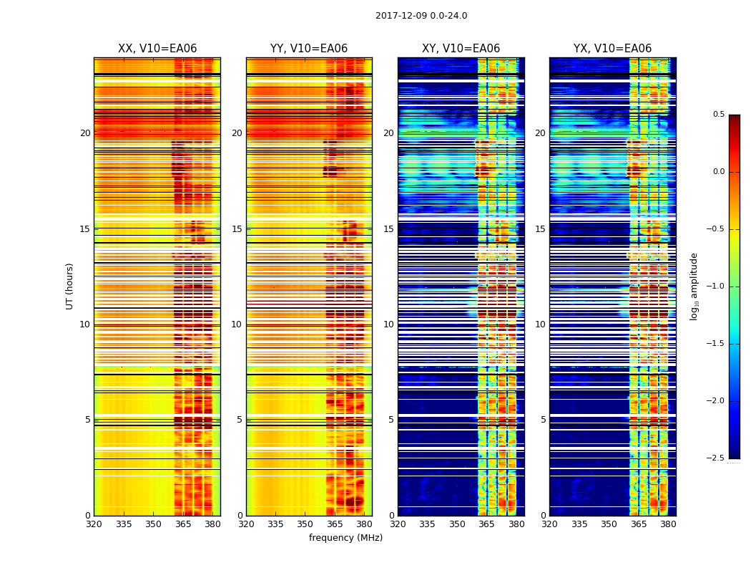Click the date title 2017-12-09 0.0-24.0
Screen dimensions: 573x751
[x=421, y=16]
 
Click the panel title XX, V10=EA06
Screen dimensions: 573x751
[x=157, y=49]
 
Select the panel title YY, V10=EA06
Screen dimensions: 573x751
[x=309, y=49]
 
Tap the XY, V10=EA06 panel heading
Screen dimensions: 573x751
[x=461, y=49]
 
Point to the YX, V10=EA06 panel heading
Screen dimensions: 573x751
[x=612, y=49]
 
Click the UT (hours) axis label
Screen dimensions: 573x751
[x=69, y=286]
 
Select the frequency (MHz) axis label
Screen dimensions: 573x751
[x=345, y=538]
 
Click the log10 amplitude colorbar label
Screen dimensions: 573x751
[x=694, y=286]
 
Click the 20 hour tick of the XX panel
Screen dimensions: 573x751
[x=85, y=133]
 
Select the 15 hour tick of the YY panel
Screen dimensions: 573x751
[x=237, y=229]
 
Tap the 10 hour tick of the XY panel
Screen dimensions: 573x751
[x=388, y=324]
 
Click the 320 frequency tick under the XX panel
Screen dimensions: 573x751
[x=94, y=524]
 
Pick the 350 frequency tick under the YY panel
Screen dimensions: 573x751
[x=305, y=524]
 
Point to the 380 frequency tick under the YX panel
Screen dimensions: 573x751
[x=668, y=524]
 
